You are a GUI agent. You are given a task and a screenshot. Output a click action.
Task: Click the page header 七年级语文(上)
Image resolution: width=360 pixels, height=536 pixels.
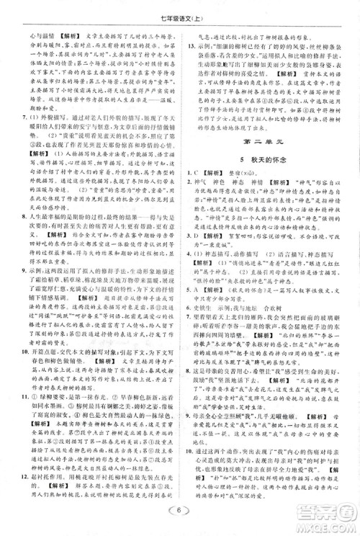[x=179, y=9]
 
